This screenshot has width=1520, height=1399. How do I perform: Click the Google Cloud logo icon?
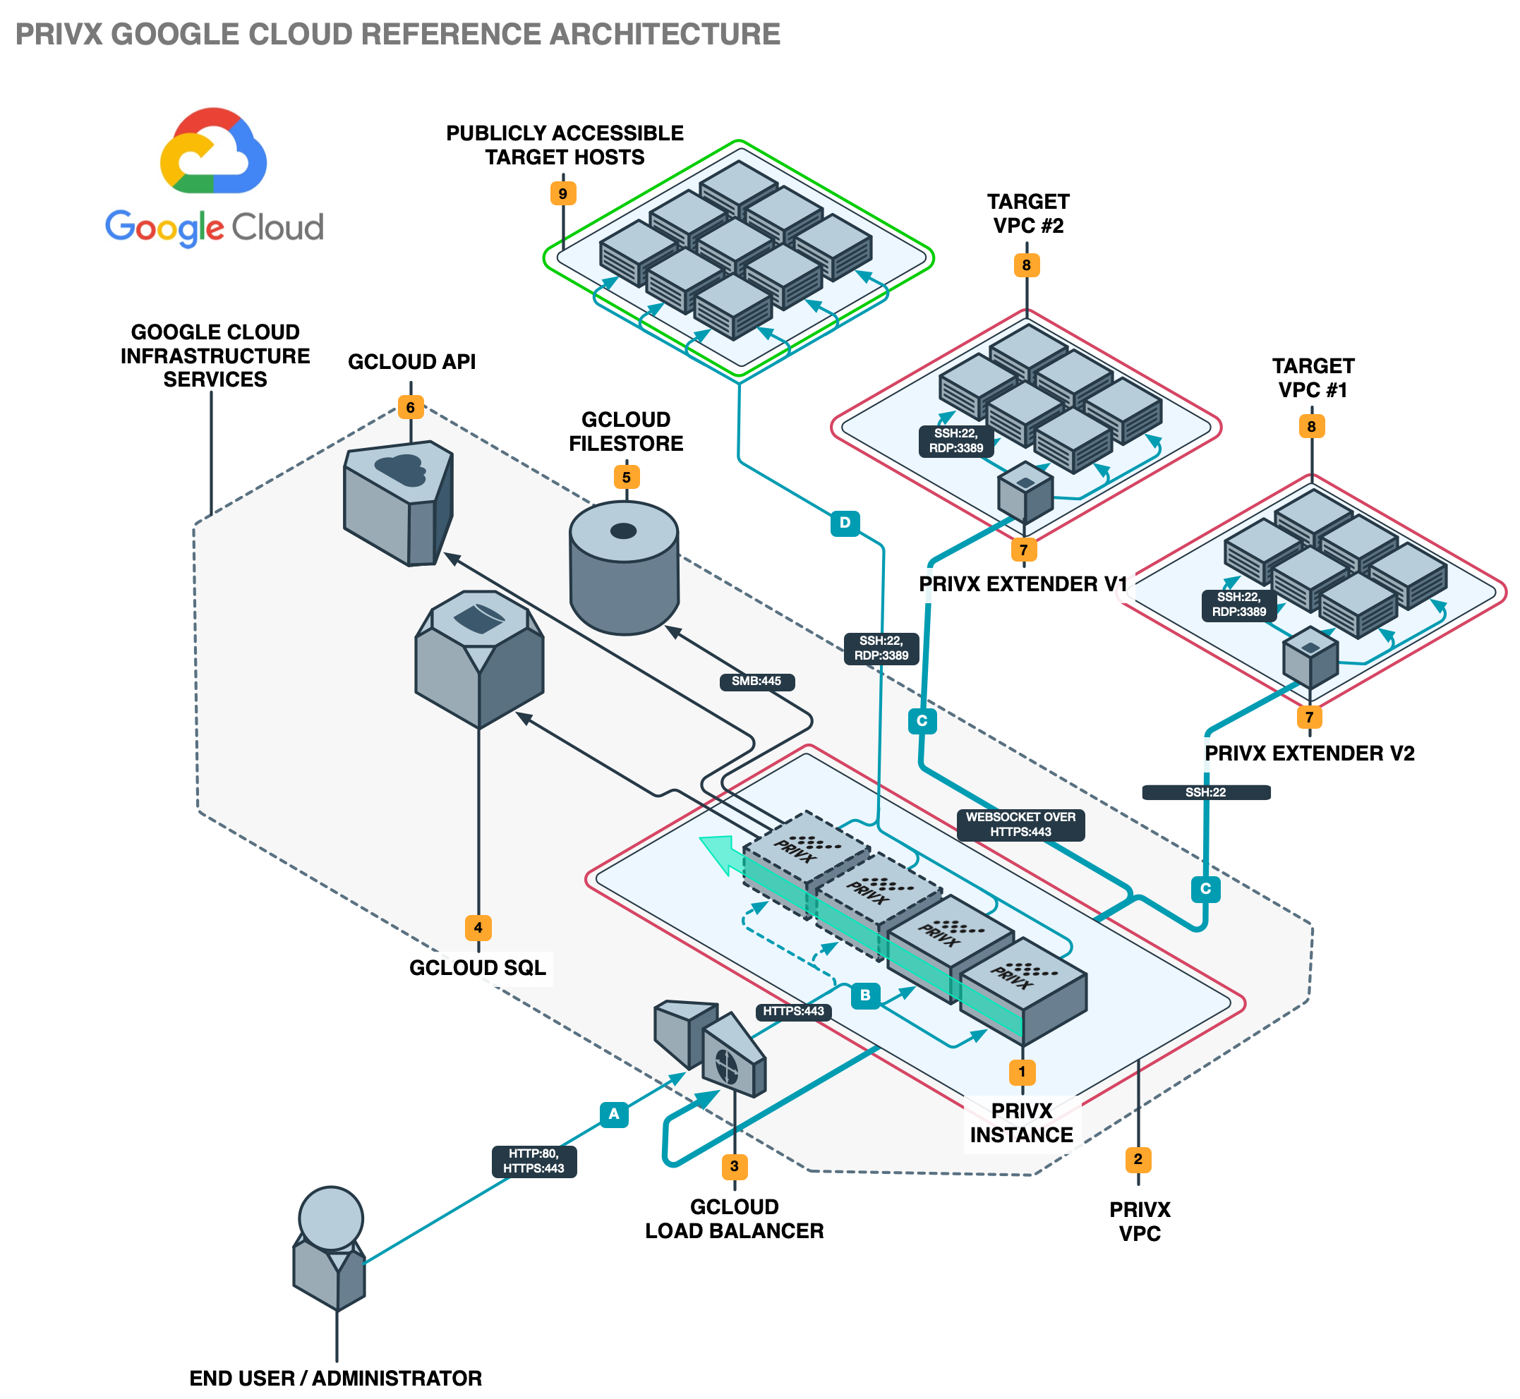tap(213, 151)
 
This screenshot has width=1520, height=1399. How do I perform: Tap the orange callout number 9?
tap(562, 194)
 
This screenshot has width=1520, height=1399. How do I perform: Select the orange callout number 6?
tap(411, 407)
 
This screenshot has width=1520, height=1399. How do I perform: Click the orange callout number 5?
tap(627, 477)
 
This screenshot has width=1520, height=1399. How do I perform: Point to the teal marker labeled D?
tap(845, 522)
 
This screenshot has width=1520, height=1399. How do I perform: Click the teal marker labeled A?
tap(613, 1113)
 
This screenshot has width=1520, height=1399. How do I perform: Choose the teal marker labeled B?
tap(865, 995)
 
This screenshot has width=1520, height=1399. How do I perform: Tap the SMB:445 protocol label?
tap(756, 682)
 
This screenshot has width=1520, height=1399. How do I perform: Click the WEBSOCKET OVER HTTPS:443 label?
tap(1020, 825)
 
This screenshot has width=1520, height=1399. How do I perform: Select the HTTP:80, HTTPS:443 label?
tap(533, 1161)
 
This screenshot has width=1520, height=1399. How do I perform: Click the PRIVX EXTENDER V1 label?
tap(1023, 584)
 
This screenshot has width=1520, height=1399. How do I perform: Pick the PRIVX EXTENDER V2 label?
tap(1309, 754)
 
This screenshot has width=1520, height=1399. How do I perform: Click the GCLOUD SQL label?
tap(477, 968)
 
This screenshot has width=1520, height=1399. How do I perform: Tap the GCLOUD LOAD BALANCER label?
tap(734, 1219)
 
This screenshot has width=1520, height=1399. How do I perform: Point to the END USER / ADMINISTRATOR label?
tap(335, 1379)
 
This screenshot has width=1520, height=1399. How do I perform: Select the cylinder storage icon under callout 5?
tap(623, 568)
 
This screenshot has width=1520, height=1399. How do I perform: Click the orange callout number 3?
tap(734, 1167)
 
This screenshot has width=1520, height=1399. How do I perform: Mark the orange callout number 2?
tap(1138, 1159)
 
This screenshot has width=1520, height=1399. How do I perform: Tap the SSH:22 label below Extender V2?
tap(1205, 792)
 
